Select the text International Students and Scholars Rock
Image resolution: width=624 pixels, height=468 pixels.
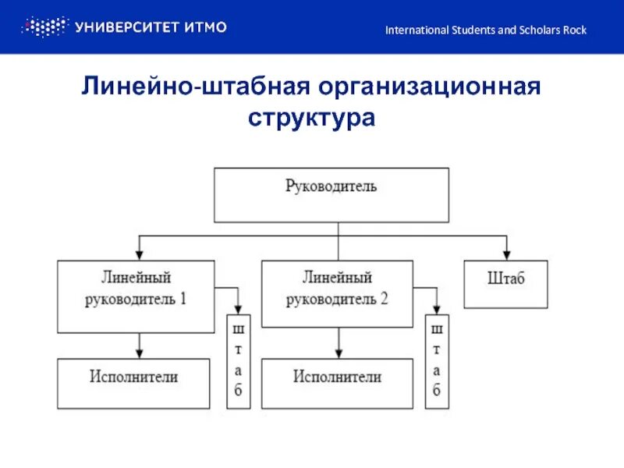(x=486, y=30)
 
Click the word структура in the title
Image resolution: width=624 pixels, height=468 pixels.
(x=312, y=119)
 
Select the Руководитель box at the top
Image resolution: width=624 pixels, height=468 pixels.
(x=331, y=194)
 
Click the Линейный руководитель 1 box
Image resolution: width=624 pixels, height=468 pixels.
(x=136, y=296)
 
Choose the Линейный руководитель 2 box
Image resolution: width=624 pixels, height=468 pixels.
(x=337, y=293)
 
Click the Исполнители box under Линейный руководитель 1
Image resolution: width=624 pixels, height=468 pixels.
(x=133, y=383)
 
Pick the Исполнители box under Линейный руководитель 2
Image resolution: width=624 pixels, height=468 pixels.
(x=337, y=383)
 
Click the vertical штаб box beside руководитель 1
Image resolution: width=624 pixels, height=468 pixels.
(x=238, y=361)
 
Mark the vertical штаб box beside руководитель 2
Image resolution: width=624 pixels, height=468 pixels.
(x=438, y=361)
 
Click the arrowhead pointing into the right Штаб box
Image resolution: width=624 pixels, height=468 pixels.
(x=506, y=255)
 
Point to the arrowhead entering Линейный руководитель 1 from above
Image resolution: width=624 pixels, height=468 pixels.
(x=139, y=255)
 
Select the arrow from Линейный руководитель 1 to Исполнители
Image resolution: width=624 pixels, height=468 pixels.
(x=139, y=346)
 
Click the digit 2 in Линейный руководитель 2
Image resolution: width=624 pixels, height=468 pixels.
(x=384, y=300)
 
